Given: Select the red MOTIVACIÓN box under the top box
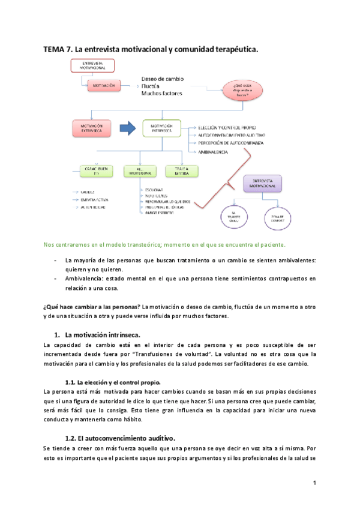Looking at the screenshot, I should coord(104,86).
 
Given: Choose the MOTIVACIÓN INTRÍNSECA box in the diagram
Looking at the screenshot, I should coord(161,128).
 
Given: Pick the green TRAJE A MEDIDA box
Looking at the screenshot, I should coord(182,171).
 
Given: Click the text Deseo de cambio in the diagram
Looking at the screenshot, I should coord(163,79).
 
